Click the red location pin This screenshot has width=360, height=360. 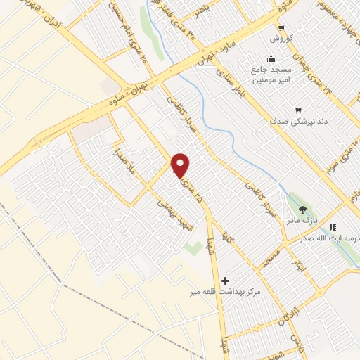coord(181,166)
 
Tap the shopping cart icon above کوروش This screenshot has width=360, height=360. coord(280,27)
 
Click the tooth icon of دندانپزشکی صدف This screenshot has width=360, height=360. coord(297,111)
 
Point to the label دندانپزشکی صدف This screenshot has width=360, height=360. coord(298,121)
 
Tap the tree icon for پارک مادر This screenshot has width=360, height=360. coord(303,210)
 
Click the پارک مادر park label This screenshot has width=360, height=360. coord(302,221)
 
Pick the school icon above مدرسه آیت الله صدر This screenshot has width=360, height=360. coord(333,227)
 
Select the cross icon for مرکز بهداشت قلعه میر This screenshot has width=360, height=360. coord(225,280)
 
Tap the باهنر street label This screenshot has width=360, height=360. coord(205,14)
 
